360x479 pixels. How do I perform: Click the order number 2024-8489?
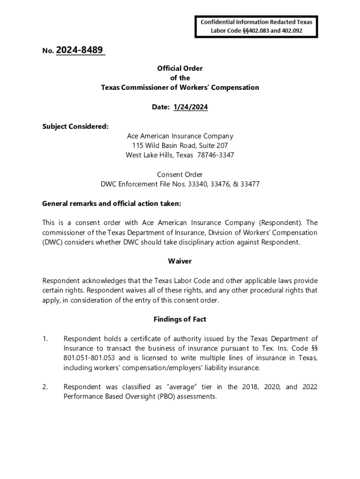click(x=80, y=50)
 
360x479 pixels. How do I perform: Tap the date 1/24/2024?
click(x=190, y=107)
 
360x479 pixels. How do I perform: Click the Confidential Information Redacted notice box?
click(x=256, y=27)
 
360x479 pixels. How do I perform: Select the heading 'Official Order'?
click(x=180, y=68)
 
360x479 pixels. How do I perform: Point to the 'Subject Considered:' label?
click(x=69, y=126)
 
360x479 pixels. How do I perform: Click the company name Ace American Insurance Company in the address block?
click(x=180, y=136)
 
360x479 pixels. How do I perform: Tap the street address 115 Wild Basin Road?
click(x=165, y=145)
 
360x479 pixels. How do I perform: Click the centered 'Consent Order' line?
click(x=180, y=174)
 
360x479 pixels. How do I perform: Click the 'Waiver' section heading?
click(x=180, y=261)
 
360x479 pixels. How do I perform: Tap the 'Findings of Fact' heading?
click(x=180, y=319)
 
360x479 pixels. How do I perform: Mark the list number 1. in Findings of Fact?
click(x=45, y=339)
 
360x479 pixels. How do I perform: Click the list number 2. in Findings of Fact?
click(x=45, y=387)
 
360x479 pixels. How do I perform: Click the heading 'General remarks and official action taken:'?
click(x=111, y=203)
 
